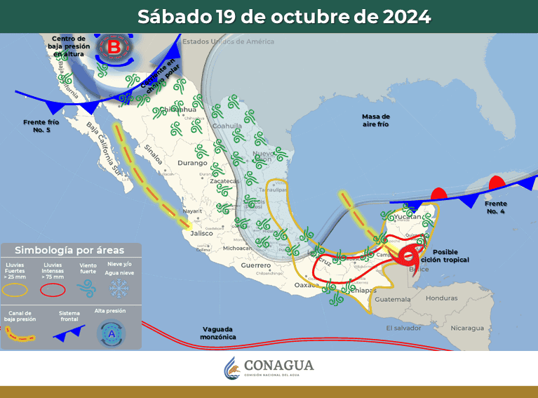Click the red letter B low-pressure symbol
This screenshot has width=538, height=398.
click(114, 48)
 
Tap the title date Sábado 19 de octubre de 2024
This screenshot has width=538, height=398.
click(284, 16)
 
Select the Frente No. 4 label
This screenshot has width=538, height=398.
click(495, 207)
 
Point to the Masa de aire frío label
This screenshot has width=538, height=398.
click(376, 120)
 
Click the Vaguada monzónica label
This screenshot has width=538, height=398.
click(219, 333)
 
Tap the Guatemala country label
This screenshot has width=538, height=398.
click(392, 299)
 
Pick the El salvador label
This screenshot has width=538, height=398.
click(405, 328)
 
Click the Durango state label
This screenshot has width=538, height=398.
click(192, 163)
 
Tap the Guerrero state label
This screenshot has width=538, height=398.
click(255, 265)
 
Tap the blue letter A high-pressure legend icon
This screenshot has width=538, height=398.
click(110, 334)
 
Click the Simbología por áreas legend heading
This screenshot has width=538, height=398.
click(69, 250)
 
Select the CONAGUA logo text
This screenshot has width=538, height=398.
click(278, 366)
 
